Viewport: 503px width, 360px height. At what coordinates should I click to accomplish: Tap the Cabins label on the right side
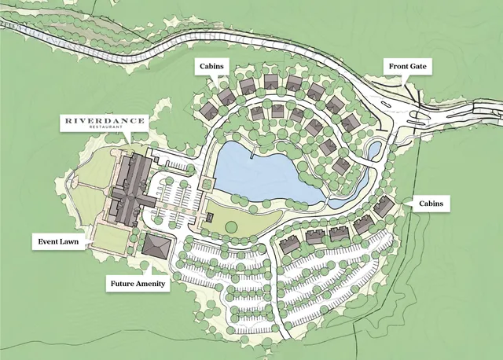[430, 204]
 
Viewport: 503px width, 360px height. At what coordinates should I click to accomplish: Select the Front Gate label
[407, 68]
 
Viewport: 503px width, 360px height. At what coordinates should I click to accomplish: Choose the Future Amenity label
[138, 282]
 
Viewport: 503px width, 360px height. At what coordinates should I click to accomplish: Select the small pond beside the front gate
[375, 148]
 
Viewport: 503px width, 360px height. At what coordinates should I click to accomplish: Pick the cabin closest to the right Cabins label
[384, 206]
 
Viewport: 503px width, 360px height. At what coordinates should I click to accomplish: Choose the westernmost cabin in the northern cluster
[209, 110]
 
